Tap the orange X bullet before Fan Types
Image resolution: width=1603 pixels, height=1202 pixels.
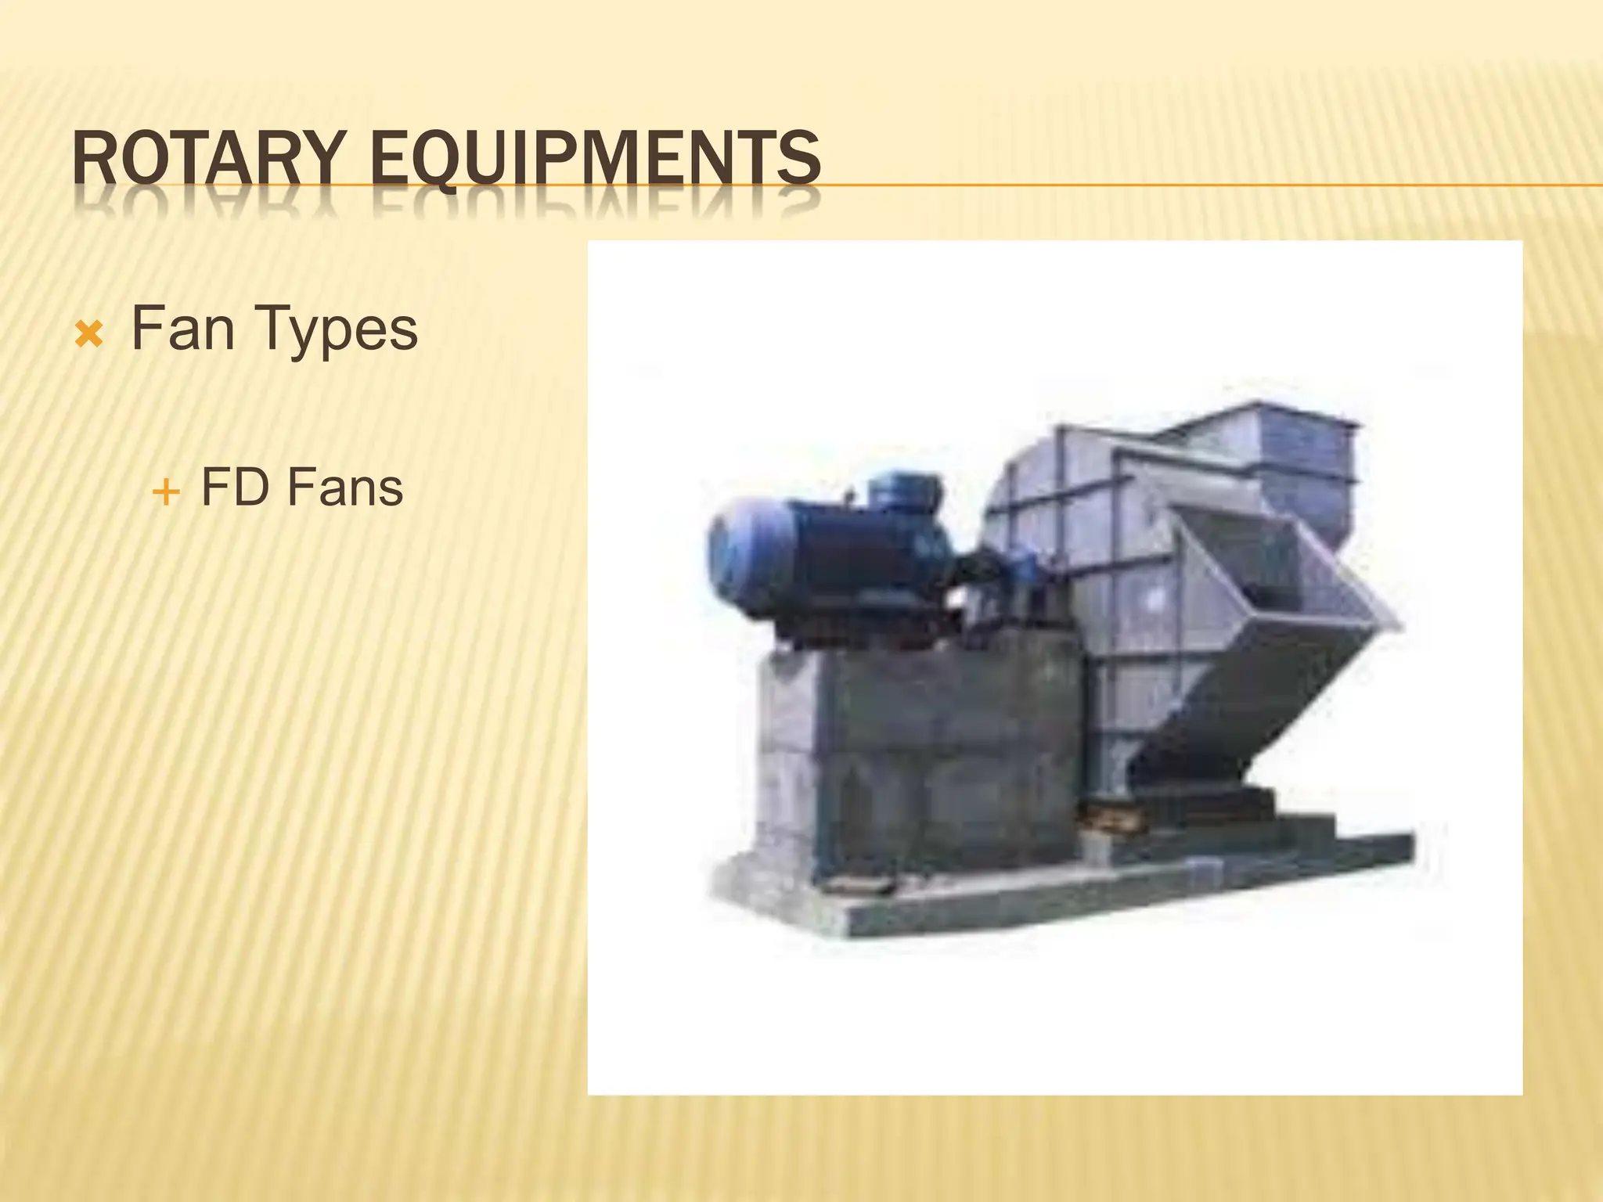pos(88,336)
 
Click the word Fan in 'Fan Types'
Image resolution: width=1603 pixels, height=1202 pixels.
pos(182,329)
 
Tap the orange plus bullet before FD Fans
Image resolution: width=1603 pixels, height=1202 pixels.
pos(166,493)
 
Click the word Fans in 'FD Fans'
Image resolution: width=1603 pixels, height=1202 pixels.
pos(344,488)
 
